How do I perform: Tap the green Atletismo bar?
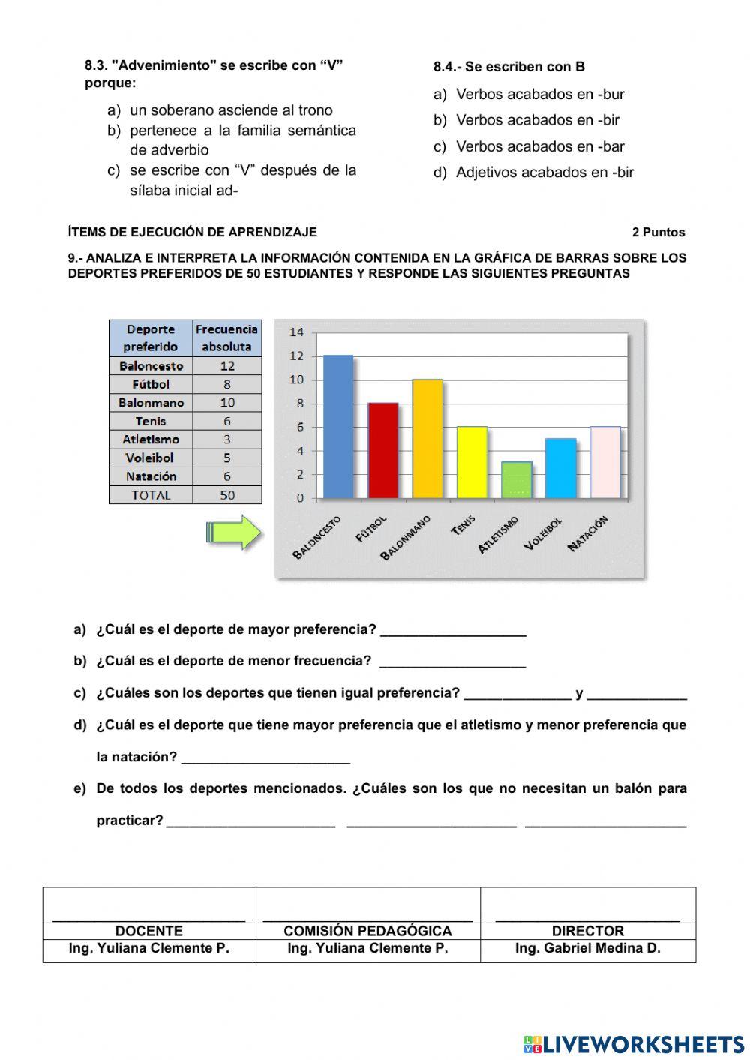pos(516,480)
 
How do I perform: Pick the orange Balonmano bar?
pos(427,439)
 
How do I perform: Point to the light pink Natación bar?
pos(605,462)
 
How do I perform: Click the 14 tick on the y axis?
pos(297,332)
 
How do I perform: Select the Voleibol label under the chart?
pos(543,533)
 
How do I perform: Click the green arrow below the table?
pos(233,533)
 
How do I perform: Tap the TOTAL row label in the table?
pos(151,495)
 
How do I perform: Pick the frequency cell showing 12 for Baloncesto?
pos(227,366)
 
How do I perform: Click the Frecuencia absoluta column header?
pos(226,338)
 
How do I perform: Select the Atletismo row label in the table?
pos(151,440)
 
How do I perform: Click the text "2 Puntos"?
pos(658,233)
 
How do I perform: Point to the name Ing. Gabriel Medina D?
pos(587,948)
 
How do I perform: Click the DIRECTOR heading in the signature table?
pos(587,931)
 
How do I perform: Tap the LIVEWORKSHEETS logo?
pos(634,1044)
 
